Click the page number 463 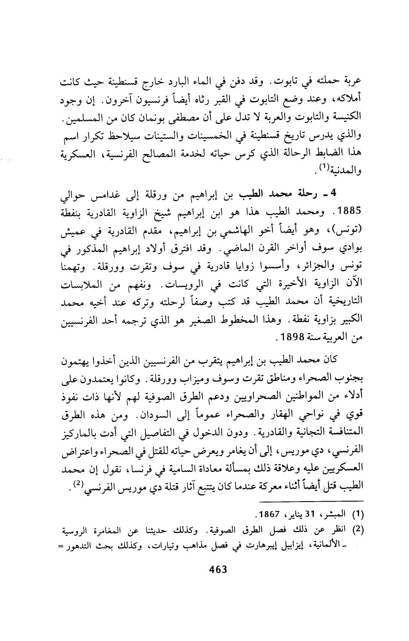217,570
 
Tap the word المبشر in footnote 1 331,515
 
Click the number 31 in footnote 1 307,515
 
